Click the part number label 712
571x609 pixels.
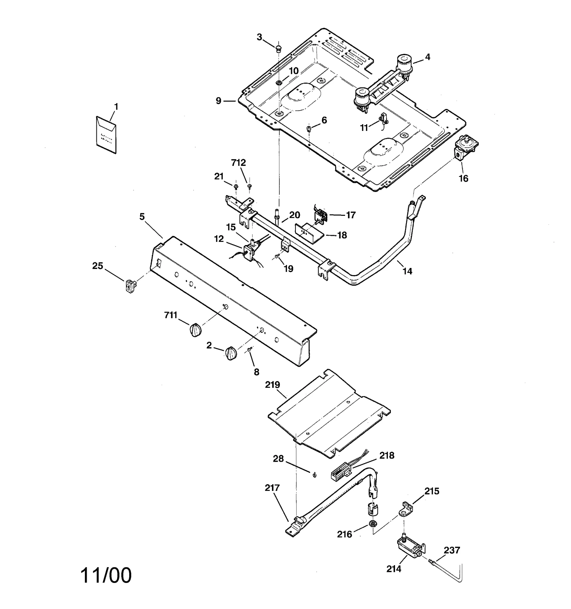tap(238, 163)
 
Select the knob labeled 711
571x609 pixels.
tap(195, 329)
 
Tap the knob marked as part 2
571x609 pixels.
tap(231, 353)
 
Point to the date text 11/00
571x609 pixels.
tap(106, 575)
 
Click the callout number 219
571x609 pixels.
tap(272, 385)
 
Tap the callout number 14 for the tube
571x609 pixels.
tap(407, 271)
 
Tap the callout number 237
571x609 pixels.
tap(452, 550)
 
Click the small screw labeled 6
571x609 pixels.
tap(309, 128)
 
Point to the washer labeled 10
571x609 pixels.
tap(279, 83)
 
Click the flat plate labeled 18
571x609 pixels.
tap(309, 233)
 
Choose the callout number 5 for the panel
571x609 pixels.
tap(142, 217)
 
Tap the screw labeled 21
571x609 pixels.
tap(236, 186)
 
